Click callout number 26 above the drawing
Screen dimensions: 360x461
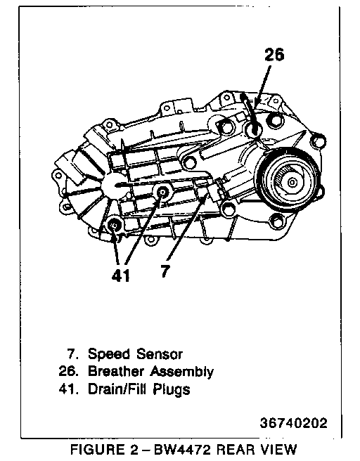274,55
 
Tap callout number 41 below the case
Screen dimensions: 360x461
121,275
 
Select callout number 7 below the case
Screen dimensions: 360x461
165,271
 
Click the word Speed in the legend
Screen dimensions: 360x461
109,354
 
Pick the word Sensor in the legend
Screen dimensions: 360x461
159,353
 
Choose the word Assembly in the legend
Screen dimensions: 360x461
182,372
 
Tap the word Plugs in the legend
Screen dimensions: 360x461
172,390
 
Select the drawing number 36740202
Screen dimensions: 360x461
293,423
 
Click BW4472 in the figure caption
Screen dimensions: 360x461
183,450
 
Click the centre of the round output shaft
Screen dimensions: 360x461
292,183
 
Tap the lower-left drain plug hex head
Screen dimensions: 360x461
115,226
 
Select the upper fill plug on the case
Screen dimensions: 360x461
162,193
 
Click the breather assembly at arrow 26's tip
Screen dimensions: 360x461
253,130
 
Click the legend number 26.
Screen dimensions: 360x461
68,371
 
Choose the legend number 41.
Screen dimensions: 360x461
68,389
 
